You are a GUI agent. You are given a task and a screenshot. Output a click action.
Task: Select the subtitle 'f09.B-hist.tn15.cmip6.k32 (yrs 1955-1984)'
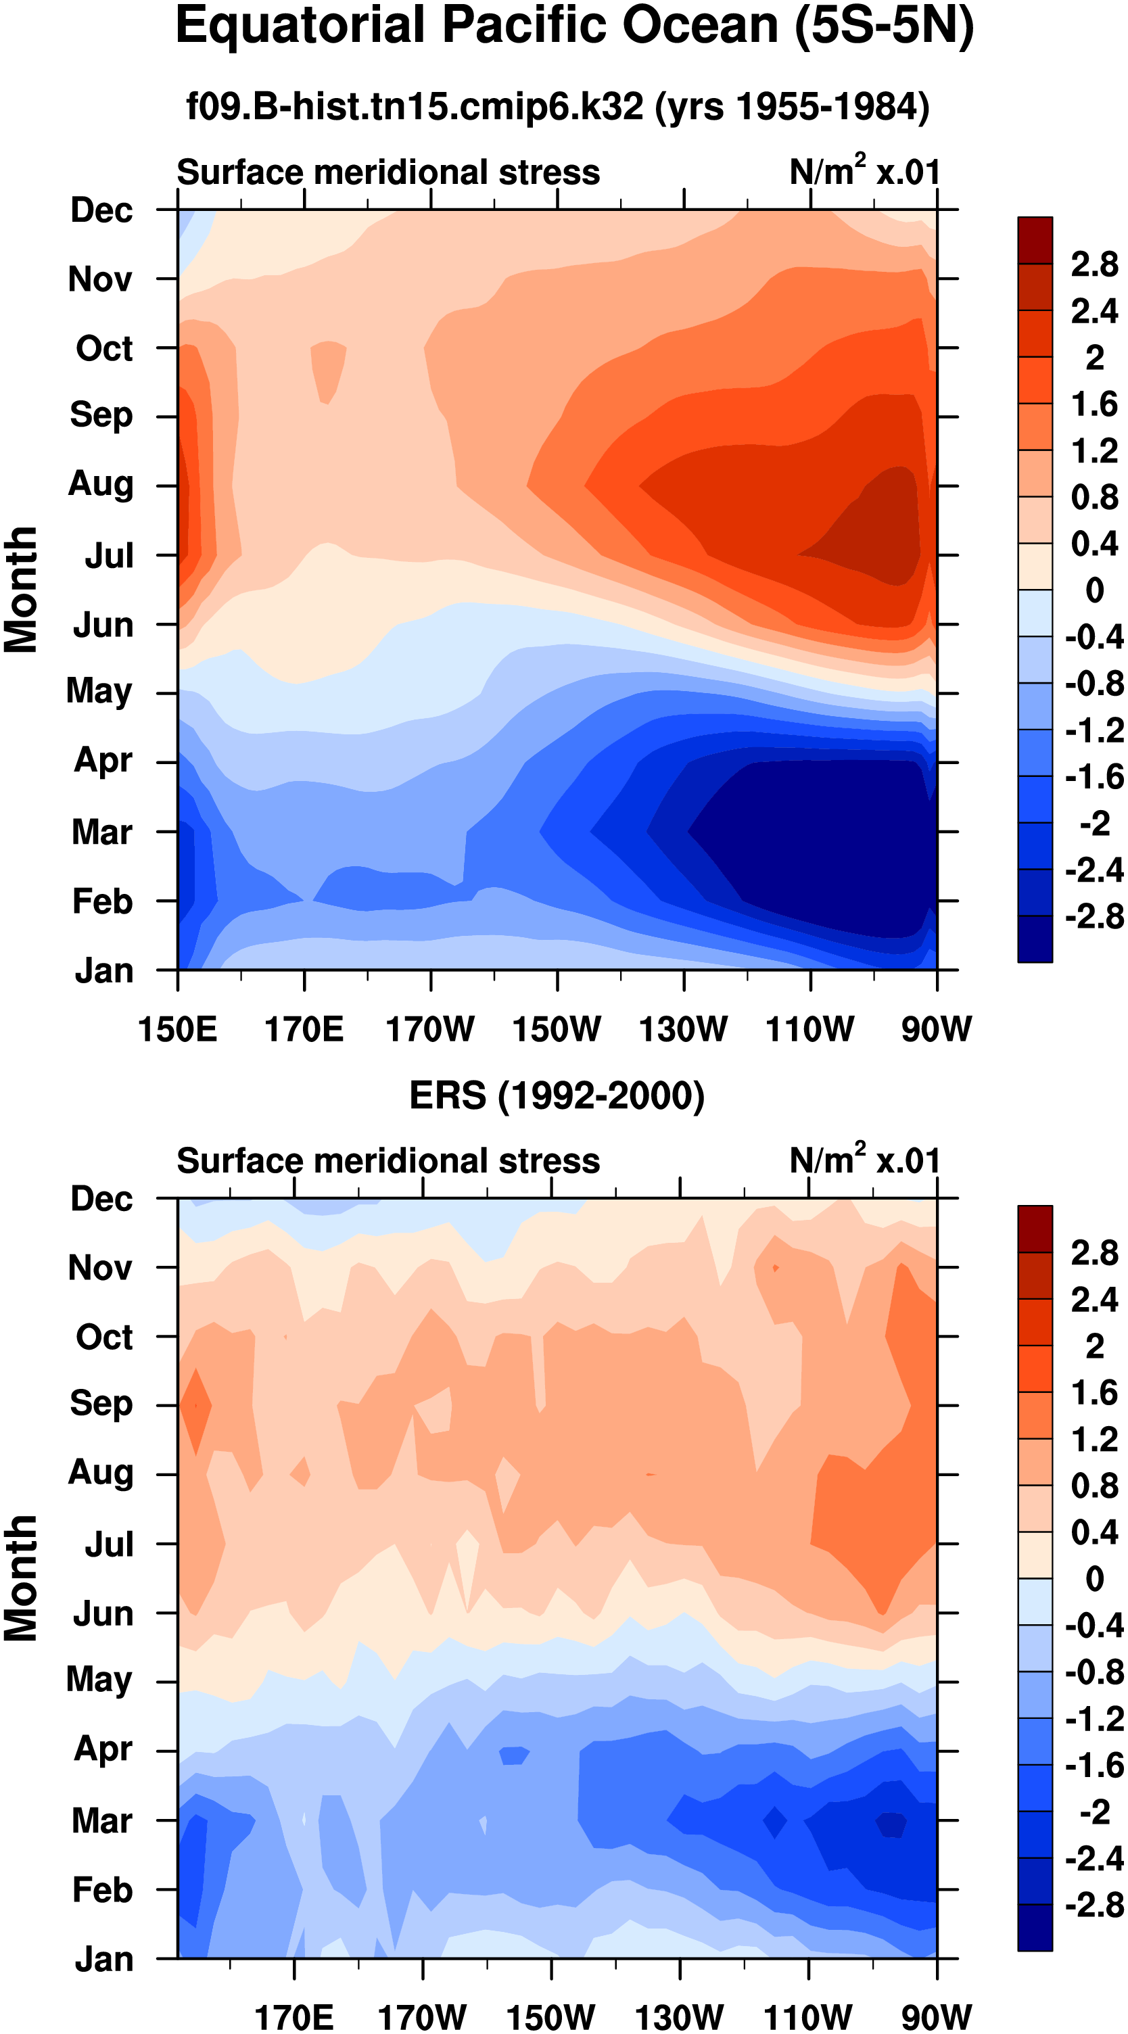click(x=558, y=107)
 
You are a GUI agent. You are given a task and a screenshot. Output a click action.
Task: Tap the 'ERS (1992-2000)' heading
click(x=557, y=1096)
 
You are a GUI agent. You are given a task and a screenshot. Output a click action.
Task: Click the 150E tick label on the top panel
click(x=177, y=1030)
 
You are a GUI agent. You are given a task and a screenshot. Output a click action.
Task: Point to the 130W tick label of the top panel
click(x=683, y=1030)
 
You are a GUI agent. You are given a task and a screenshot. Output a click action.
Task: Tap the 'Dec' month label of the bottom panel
click(x=101, y=1200)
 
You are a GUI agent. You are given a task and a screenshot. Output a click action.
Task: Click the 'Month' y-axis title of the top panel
click(x=22, y=590)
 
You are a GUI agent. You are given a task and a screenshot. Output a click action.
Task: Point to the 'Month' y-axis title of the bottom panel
click(x=22, y=1578)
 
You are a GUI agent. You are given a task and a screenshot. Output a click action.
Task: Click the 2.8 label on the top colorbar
click(x=1094, y=264)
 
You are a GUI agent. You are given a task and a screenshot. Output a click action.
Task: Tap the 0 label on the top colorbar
click(x=1094, y=590)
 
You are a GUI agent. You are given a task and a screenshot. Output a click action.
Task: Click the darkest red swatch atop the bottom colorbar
click(x=1035, y=1229)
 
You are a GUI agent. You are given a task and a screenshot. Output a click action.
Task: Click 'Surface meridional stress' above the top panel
click(x=388, y=172)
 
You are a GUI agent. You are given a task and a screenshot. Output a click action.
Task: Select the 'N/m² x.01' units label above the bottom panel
click(x=865, y=1161)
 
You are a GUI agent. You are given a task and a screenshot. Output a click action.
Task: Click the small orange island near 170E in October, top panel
click(x=328, y=369)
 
